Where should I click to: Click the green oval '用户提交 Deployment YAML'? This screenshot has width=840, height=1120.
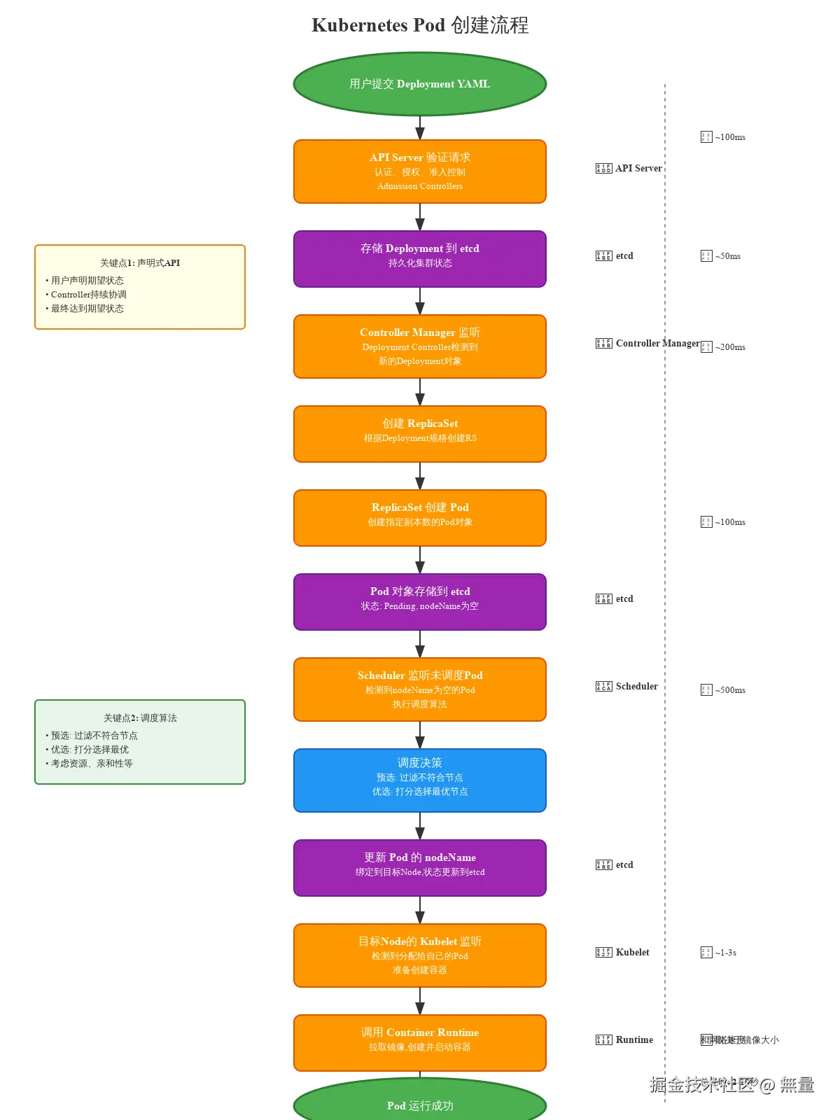point(419,84)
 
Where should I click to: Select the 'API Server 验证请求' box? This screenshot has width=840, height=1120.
point(419,171)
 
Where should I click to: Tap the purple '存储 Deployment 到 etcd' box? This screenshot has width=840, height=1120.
point(419,258)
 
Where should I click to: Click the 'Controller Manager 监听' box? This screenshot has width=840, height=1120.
point(419,346)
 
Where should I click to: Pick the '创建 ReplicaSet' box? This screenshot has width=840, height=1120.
point(419,433)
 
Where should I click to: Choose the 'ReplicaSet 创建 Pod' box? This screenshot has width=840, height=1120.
point(419,517)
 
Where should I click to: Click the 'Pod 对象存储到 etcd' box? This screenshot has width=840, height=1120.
point(419,601)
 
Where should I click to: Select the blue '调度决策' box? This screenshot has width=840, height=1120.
point(419,780)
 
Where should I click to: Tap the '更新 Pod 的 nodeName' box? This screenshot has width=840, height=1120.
point(419,867)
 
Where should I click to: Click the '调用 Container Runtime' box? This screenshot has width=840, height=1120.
point(419,1042)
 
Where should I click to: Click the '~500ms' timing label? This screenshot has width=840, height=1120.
point(729,690)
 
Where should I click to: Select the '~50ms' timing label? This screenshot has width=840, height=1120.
point(727,256)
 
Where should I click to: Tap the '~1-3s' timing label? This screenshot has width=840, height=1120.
point(725,953)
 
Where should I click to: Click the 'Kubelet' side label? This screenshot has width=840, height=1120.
point(632,953)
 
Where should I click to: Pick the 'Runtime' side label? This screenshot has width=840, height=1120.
point(634,1040)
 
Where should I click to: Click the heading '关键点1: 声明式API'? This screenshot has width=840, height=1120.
point(140,263)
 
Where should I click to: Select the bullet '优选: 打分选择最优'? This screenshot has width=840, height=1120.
point(90,750)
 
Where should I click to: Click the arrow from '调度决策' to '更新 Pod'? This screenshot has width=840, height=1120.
point(420,826)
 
